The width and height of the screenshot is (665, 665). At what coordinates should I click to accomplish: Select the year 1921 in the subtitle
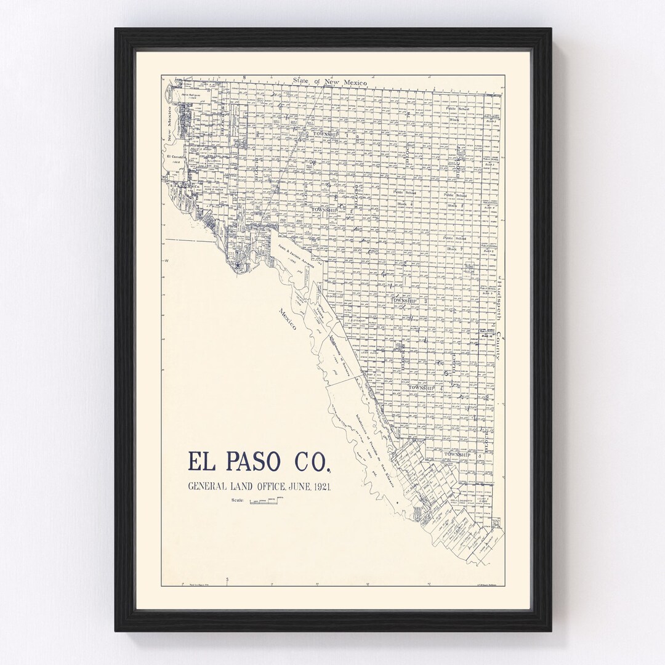tap(321, 487)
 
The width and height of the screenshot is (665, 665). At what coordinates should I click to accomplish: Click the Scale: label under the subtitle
tap(238, 501)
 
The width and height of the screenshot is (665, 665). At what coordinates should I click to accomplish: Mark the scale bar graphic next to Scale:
tap(270, 501)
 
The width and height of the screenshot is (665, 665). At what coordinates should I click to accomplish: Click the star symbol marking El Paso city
tap(238, 264)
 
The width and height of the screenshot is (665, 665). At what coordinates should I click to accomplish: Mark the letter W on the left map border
tap(166, 262)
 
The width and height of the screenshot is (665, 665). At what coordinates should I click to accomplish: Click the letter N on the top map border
tap(244, 78)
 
